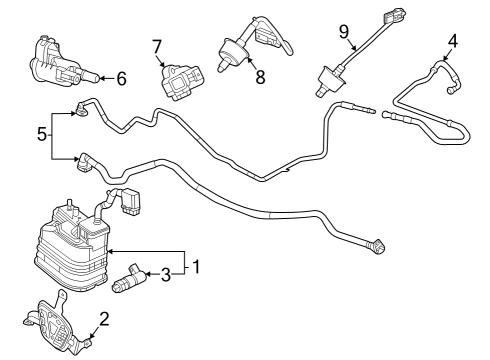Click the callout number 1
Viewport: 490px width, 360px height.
(x=197, y=267)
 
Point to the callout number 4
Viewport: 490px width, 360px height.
(x=452, y=42)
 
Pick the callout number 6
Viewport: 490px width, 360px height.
(x=120, y=78)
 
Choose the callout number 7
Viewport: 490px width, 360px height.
(x=157, y=46)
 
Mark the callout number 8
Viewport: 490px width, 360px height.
(x=259, y=76)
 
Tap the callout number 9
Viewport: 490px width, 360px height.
(x=343, y=32)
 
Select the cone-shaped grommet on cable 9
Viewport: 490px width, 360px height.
(x=325, y=74)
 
